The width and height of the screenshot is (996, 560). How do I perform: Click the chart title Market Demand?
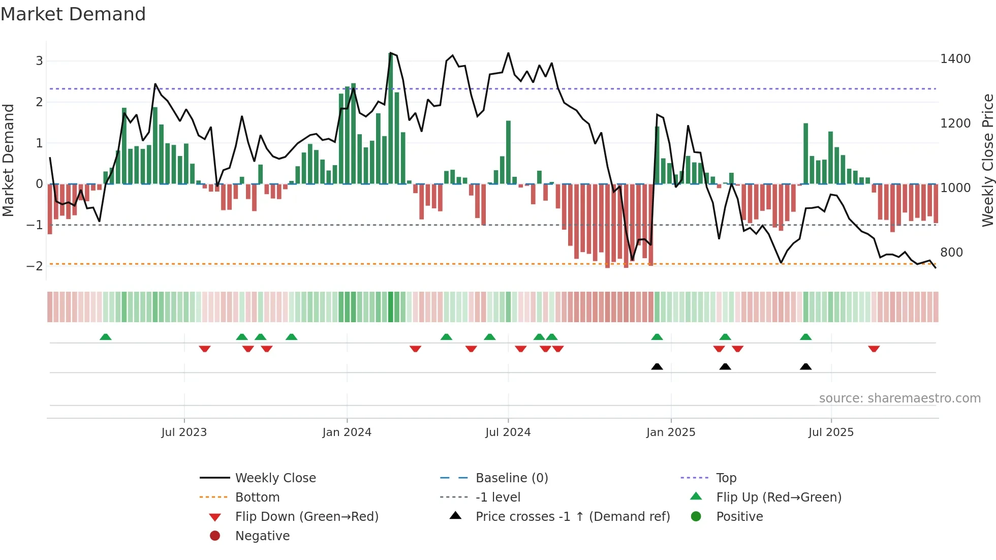coord(73,14)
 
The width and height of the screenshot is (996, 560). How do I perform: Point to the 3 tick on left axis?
coord(39,61)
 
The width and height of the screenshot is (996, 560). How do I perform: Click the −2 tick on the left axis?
coord(35,266)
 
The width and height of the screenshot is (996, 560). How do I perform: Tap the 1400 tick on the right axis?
coord(955,59)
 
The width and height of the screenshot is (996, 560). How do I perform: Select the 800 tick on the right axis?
coord(951,253)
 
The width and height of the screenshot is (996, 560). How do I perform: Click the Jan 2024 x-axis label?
coord(347,432)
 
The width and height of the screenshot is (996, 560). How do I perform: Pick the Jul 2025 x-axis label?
coord(831,432)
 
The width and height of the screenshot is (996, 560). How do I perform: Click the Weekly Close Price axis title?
coord(987,160)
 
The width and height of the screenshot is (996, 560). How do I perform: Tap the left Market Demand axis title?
coord(8,160)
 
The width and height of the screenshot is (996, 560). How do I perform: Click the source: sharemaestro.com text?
coord(899,398)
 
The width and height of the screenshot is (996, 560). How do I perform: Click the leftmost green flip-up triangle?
coord(106,337)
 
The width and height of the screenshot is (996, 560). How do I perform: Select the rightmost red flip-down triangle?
coord(874,349)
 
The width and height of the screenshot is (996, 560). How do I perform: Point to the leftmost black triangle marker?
coord(657,366)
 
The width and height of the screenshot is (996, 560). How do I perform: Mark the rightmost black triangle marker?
coord(805,366)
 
